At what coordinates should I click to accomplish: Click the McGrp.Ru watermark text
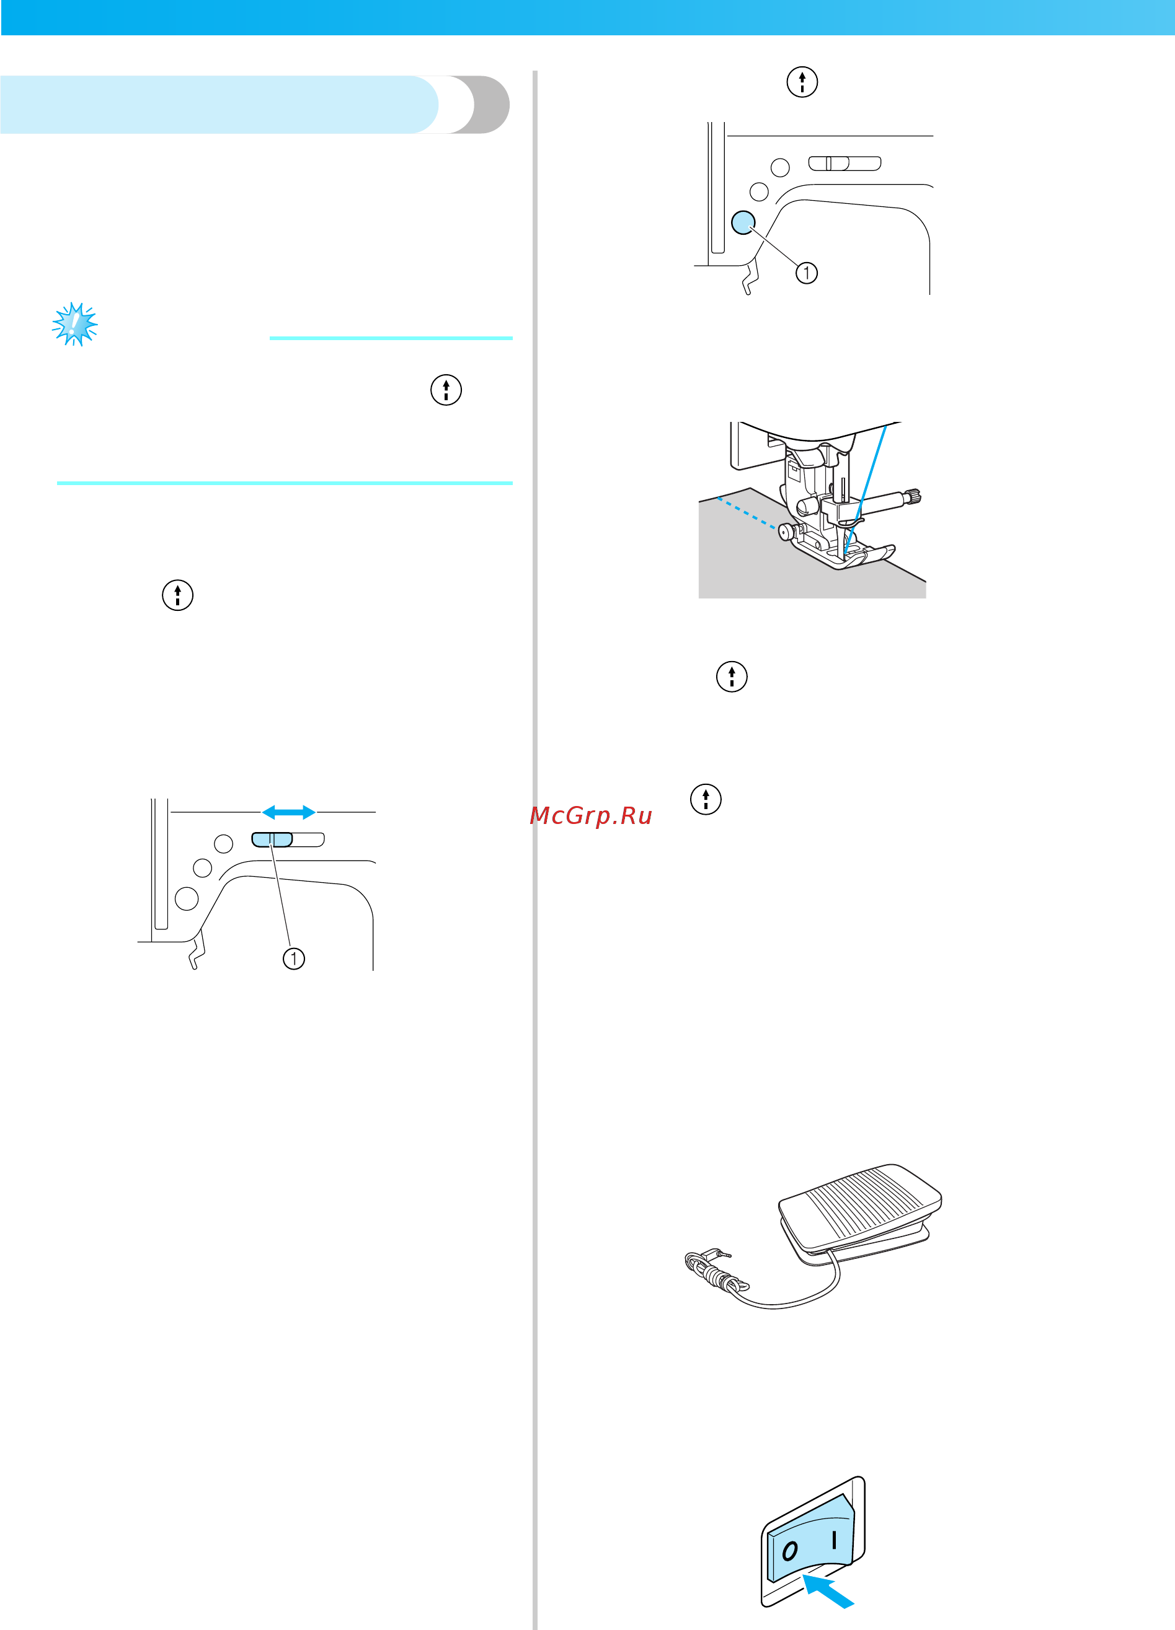coord(590,815)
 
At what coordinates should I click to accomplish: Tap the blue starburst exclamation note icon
coord(75,324)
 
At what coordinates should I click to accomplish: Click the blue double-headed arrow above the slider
coord(288,812)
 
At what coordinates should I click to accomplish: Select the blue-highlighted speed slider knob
coord(272,839)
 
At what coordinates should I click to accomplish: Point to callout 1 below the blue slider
coord(293,958)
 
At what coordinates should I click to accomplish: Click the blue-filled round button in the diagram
coord(743,222)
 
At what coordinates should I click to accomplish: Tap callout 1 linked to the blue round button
coord(806,273)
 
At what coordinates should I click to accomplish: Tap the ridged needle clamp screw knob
coord(914,496)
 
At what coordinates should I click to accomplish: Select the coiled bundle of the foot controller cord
coord(716,1275)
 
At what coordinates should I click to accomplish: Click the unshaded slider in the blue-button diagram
coord(845,163)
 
